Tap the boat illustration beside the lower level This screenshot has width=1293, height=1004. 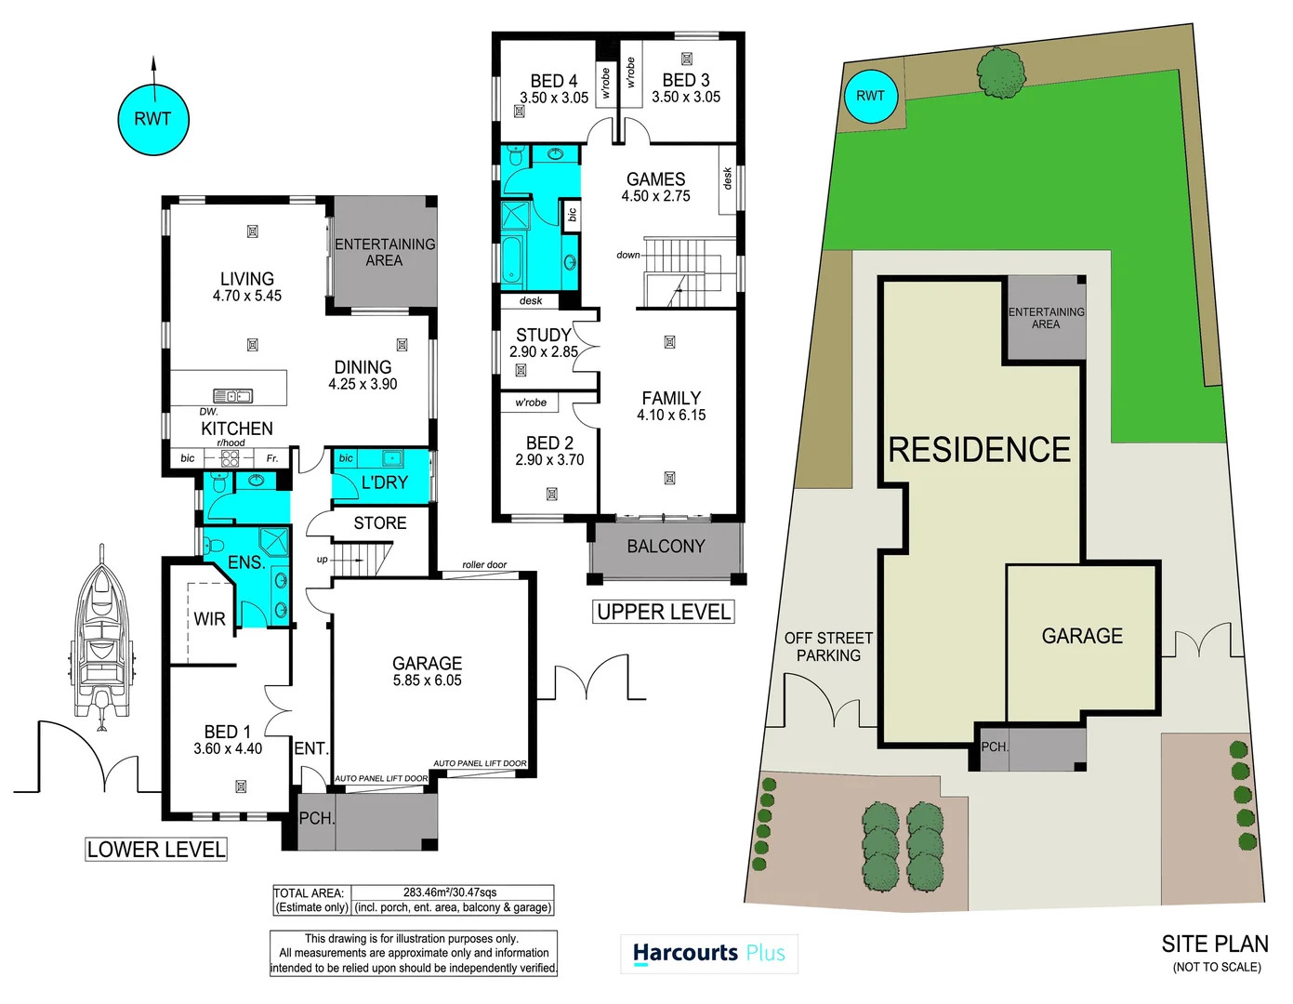[x=101, y=636]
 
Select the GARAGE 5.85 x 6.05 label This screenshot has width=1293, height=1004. [x=427, y=671]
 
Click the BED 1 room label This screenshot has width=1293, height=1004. [x=228, y=740]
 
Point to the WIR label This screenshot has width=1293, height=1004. [x=209, y=619]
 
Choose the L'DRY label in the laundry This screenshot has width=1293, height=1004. [x=384, y=482]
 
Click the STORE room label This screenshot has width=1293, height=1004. [x=379, y=523]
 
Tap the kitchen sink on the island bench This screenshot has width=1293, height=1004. [x=233, y=396]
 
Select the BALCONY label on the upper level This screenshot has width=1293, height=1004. [x=666, y=547]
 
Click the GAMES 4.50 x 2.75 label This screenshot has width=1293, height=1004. [x=655, y=187]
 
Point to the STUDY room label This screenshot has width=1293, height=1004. [x=544, y=343]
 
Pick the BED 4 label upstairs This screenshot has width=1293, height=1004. [x=554, y=89]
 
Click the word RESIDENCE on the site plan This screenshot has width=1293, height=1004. [x=980, y=450]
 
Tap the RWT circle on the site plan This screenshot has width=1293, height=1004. [x=870, y=96]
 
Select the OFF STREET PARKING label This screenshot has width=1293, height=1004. [x=828, y=647]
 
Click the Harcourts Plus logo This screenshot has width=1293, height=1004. [x=708, y=954]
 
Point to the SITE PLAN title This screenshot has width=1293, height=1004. [x=1214, y=945]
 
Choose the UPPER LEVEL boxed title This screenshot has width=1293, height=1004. [x=664, y=612]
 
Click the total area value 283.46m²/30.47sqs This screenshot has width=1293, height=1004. [x=450, y=892]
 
